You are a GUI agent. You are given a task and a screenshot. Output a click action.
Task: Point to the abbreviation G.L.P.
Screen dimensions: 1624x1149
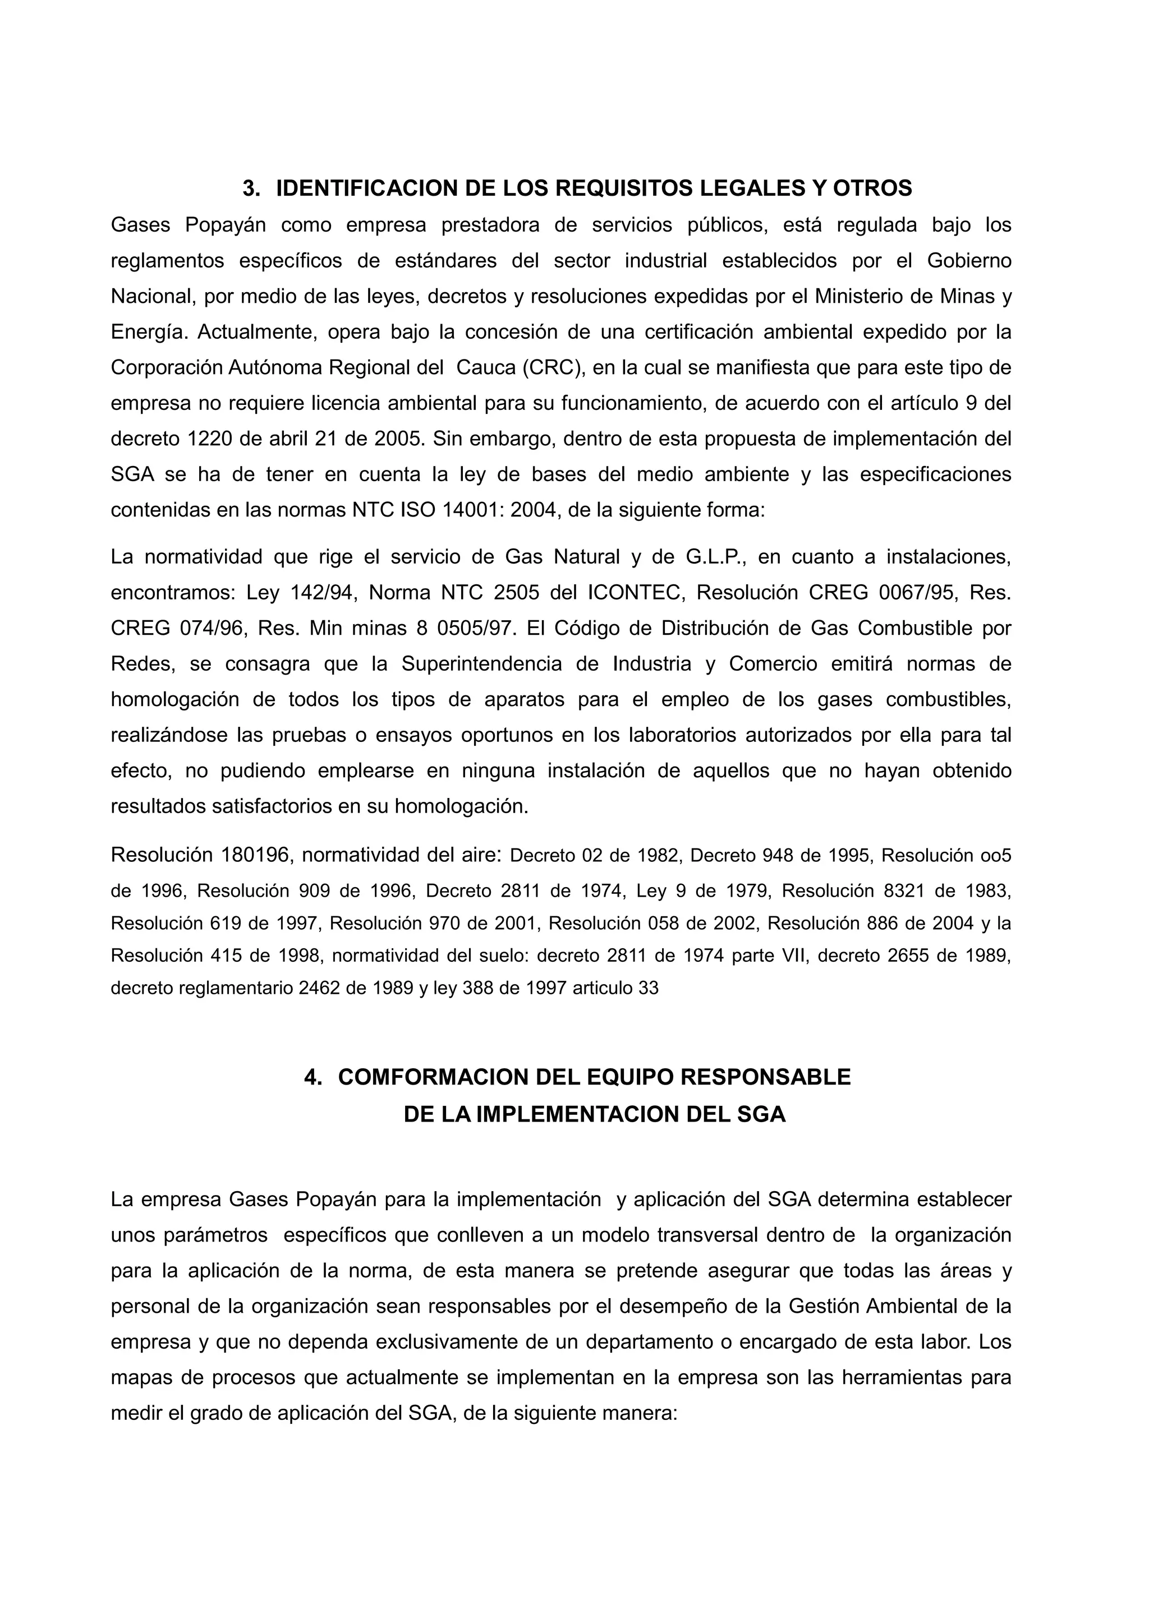pos(718,557)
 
